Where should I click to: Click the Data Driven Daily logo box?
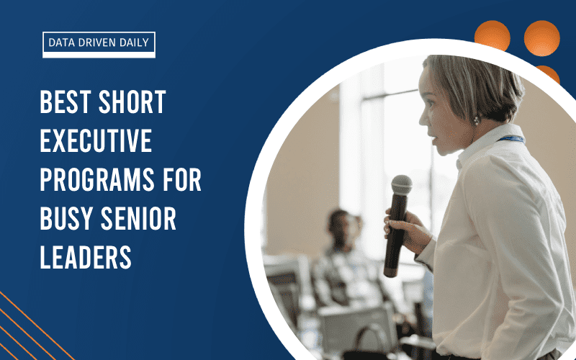[99, 44]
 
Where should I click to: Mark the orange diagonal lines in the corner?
[22, 324]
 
